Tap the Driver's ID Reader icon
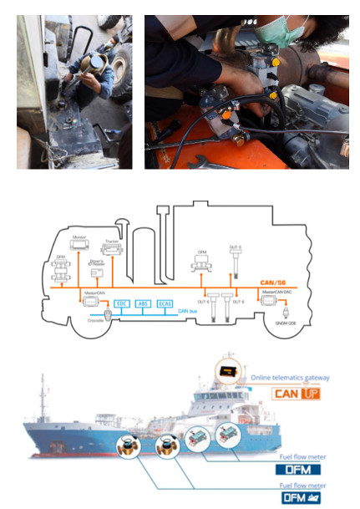pyautogui.click(x=97, y=272)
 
